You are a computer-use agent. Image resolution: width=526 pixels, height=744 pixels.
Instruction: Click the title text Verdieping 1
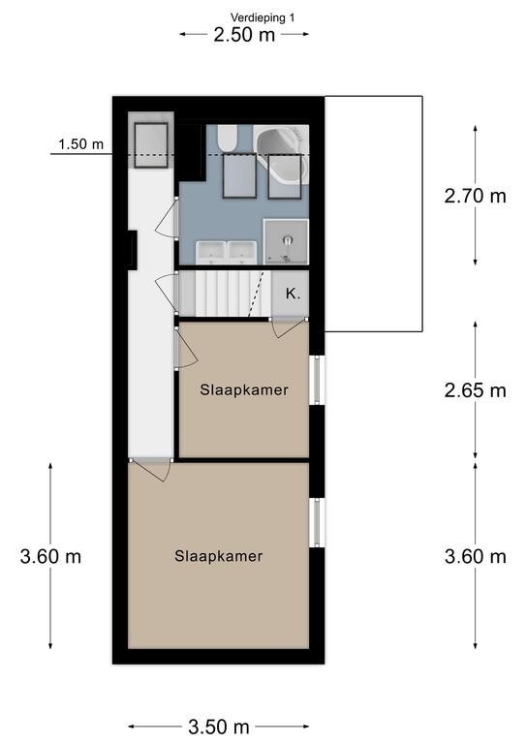coord(263,18)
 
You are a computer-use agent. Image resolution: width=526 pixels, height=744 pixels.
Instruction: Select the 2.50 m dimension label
coord(244,35)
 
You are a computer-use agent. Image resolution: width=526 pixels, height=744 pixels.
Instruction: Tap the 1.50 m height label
coord(80,144)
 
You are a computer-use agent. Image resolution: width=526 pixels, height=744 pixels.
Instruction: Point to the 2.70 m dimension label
coord(476,196)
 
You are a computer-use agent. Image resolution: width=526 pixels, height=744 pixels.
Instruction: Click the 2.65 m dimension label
coord(476,390)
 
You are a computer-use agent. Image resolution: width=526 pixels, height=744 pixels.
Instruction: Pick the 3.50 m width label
coord(219,727)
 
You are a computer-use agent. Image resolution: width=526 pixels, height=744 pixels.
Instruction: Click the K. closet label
coord(294,294)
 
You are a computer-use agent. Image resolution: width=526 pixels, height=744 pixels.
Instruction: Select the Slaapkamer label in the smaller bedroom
coord(244,390)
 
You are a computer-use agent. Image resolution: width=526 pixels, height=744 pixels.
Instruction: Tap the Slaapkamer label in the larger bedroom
coord(219,556)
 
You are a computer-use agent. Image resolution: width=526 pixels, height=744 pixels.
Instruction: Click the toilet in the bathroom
coord(227,139)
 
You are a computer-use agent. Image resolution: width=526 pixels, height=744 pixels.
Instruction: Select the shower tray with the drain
coord(286,241)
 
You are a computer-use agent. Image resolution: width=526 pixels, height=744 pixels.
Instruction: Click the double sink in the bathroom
coord(227,253)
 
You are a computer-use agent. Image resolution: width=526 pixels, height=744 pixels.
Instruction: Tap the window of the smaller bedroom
coord(317,380)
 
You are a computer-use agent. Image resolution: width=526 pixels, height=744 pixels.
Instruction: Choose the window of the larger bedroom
coord(317,522)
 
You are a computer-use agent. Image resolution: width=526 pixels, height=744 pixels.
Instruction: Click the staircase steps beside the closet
coord(224,294)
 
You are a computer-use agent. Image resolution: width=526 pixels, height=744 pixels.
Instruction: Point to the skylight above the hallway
coord(151,145)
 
